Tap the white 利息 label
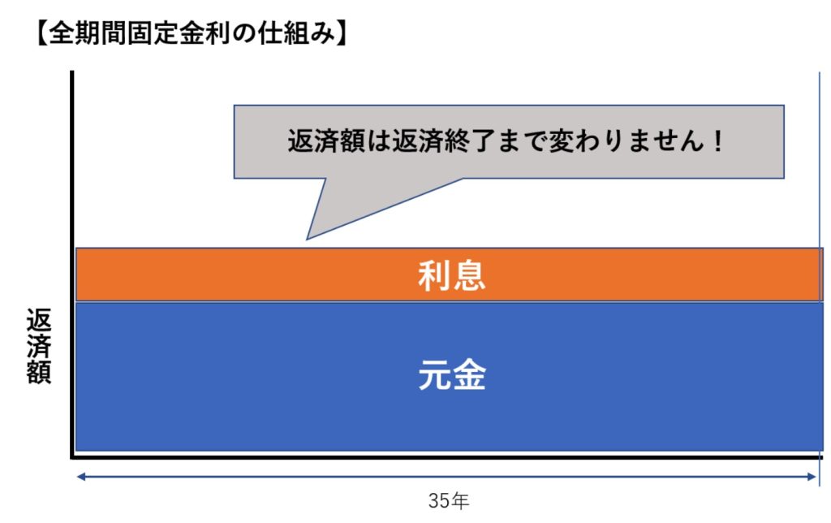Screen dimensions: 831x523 click(x=451, y=275)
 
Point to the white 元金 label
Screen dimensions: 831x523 click(x=451, y=375)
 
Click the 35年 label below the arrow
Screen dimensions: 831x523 click(x=448, y=501)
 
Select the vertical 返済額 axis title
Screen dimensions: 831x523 click(x=39, y=346)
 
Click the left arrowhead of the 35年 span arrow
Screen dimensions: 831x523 click(x=80, y=477)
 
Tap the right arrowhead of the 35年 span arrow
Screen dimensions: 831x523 click(x=812, y=477)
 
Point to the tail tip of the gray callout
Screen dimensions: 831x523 click(x=307, y=240)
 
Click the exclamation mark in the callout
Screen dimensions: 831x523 click(x=718, y=141)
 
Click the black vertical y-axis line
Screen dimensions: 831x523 click(x=72, y=264)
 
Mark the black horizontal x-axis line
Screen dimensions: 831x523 click(x=447, y=456)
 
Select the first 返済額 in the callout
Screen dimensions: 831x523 click(x=326, y=141)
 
